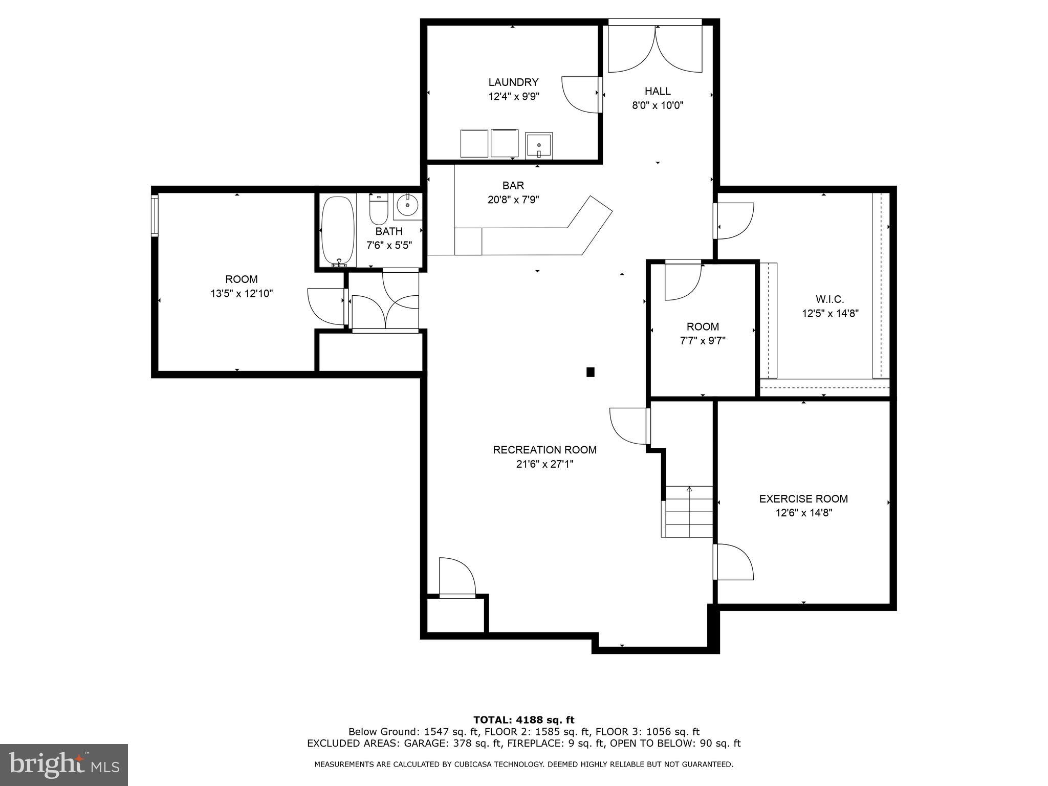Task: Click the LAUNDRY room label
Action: click(x=513, y=82)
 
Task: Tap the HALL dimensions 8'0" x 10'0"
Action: click(x=658, y=105)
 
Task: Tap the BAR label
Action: click(x=513, y=186)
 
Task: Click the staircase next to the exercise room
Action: click(x=689, y=512)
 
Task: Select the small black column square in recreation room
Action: click(x=590, y=372)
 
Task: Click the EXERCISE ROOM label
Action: click(x=803, y=498)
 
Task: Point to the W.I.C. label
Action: click(x=829, y=299)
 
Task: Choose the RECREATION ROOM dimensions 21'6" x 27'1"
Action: click(x=544, y=464)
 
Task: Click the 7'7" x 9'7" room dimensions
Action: click(x=703, y=341)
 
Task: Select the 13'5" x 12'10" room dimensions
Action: click(x=242, y=294)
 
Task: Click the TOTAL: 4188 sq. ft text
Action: click(x=523, y=720)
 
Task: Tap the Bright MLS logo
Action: click(x=64, y=765)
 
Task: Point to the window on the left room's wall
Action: click(x=154, y=215)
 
